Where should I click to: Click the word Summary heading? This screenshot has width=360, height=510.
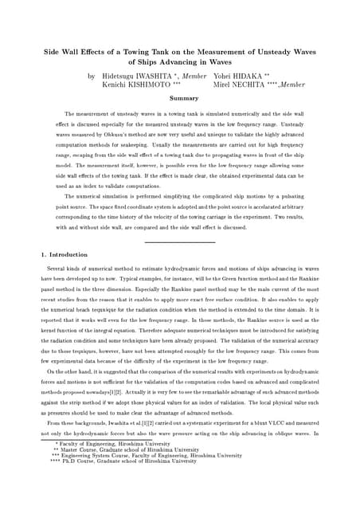[184, 97]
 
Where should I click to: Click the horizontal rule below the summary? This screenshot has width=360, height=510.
[180, 241]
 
